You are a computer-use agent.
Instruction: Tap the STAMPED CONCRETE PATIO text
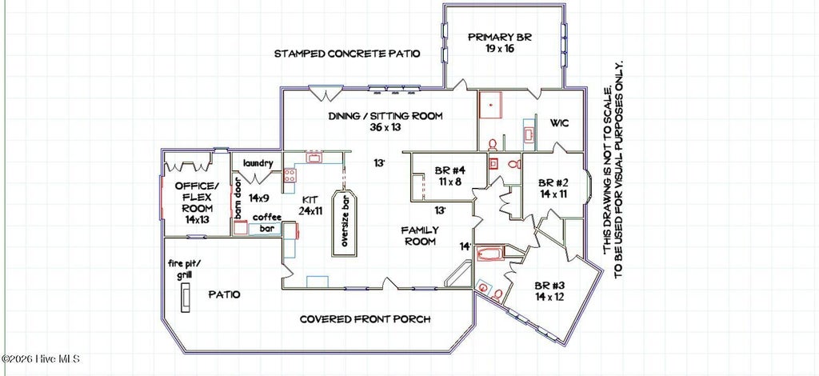point(347,54)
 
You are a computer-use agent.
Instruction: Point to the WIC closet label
point(559,124)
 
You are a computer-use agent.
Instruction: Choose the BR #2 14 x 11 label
point(553,189)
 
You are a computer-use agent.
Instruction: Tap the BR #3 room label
point(549,291)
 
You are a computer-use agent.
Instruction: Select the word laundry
point(258,163)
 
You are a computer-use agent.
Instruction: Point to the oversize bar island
point(345,223)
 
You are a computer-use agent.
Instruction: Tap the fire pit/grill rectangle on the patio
point(186,298)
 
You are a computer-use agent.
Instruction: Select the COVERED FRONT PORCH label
point(365,319)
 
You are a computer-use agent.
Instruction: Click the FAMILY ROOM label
point(419,235)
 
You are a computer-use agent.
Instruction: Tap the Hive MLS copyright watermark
point(40,358)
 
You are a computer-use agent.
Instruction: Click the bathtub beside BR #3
point(490,255)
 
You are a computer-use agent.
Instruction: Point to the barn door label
point(238,198)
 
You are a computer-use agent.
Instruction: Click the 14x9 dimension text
point(258,198)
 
